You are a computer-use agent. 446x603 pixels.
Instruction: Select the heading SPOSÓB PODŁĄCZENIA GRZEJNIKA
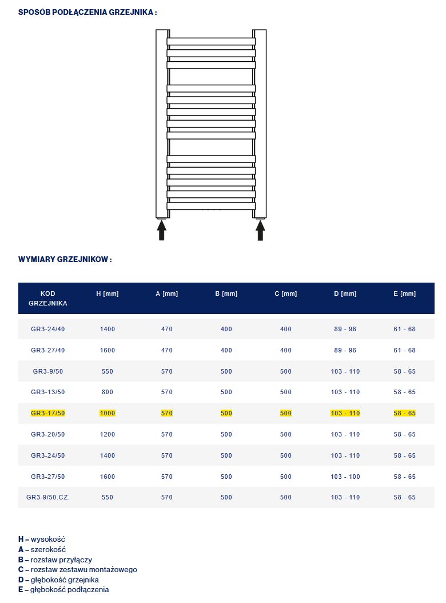coord(87,12)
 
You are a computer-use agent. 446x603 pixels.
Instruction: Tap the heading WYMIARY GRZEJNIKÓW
coord(65,259)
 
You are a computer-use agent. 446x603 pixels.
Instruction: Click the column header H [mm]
coord(107,293)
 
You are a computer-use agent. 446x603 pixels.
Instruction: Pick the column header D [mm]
coord(345,293)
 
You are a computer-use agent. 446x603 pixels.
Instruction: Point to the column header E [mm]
coord(405,293)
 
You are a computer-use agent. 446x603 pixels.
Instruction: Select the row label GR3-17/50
coord(48,413)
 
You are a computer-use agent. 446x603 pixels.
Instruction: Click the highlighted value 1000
coord(107,413)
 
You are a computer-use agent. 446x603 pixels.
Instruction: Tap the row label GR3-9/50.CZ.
coord(48,497)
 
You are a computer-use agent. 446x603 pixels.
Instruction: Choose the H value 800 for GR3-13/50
coord(107,392)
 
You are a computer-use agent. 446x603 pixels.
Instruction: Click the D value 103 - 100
coord(345,477)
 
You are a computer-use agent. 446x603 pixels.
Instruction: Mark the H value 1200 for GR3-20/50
coord(107,434)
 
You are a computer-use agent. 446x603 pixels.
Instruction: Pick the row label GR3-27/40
coord(48,350)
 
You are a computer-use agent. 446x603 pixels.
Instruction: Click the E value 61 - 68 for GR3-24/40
coord(405,329)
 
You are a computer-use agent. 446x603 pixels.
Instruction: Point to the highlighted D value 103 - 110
coord(345,413)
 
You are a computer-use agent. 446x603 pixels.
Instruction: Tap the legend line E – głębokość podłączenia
coord(63,589)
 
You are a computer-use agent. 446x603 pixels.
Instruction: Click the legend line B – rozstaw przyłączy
coord(55,560)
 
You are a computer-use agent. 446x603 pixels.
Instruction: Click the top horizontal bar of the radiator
coord(211,41)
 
